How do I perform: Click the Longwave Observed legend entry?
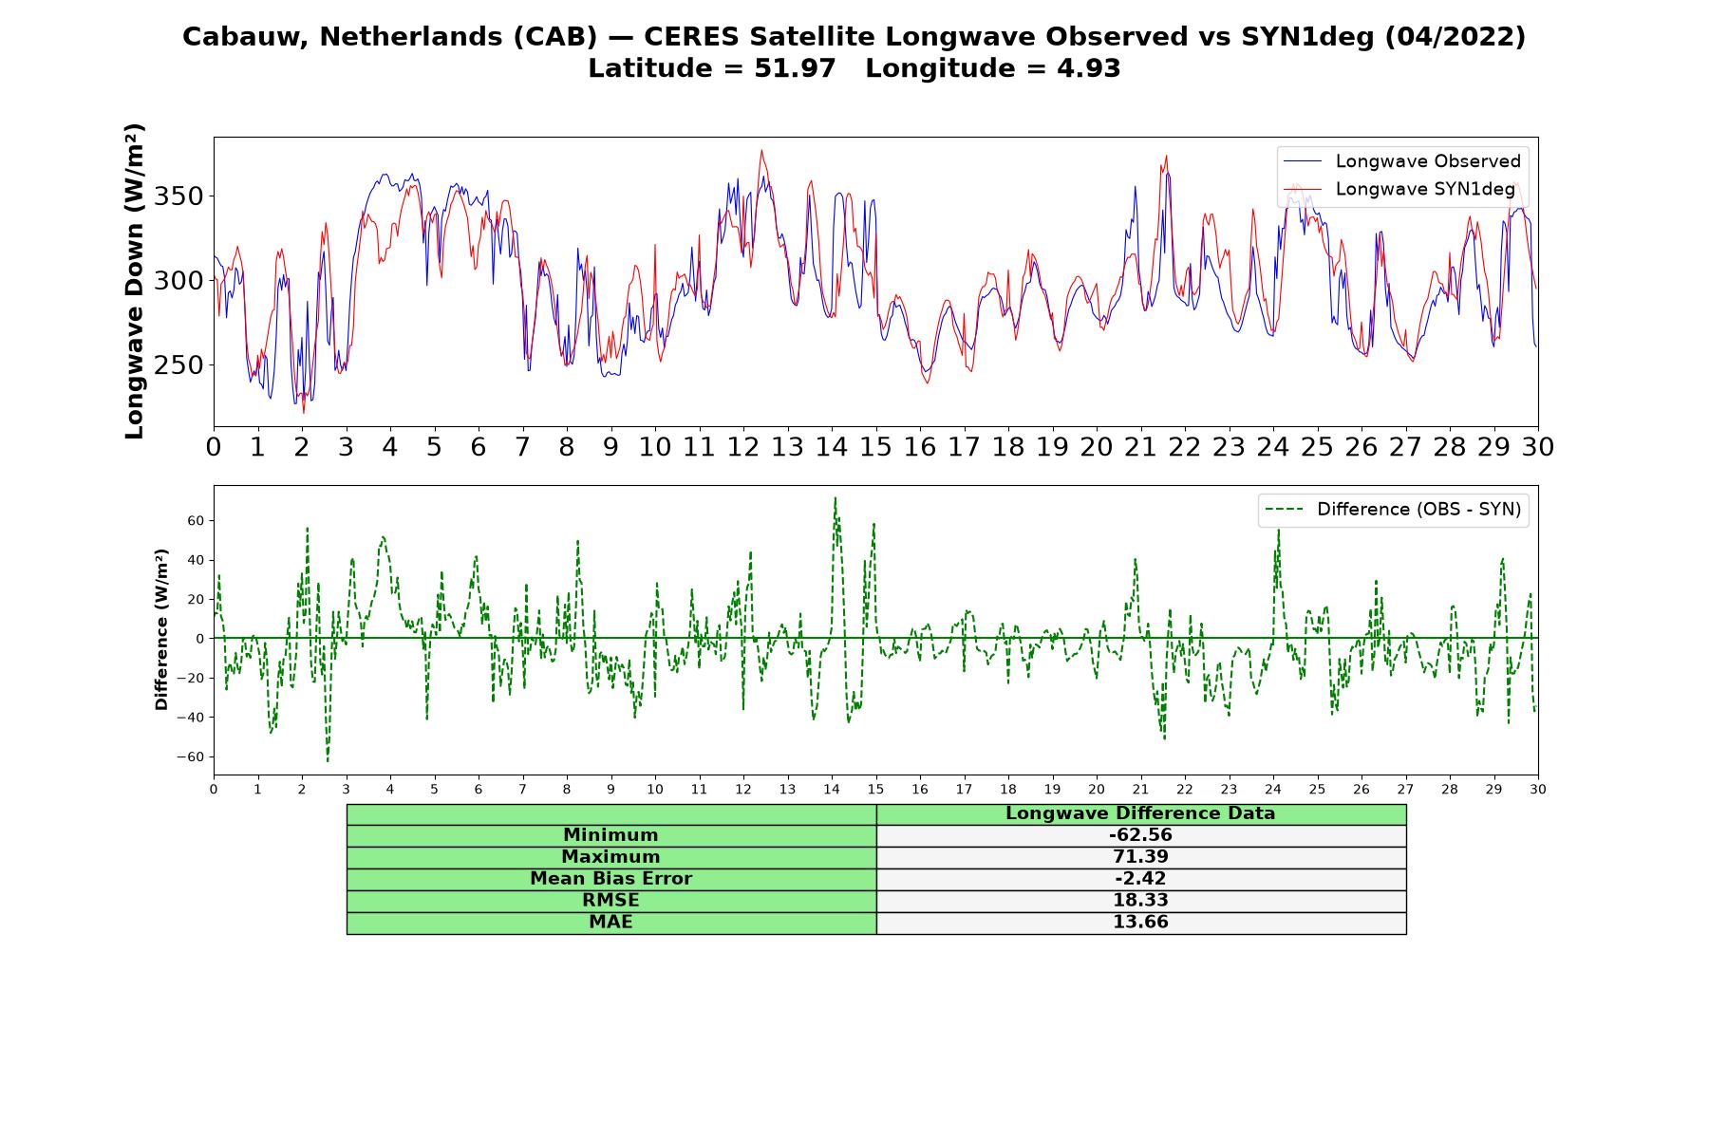1401,161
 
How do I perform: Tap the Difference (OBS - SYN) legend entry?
1393,510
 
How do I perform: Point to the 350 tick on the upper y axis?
179,196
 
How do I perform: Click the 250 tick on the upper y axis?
179,365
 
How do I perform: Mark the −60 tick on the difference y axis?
191,756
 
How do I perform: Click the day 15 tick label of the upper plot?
875,447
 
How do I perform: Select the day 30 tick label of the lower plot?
1538,789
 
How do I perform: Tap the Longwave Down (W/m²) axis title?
134,281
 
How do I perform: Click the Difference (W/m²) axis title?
161,629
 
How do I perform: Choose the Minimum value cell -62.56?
1140,835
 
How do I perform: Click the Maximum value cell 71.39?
1140,857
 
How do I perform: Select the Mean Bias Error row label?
610,879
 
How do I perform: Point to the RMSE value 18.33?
1140,901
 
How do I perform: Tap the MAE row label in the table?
610,923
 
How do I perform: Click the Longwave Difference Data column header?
1140,813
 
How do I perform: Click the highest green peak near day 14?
835,497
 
